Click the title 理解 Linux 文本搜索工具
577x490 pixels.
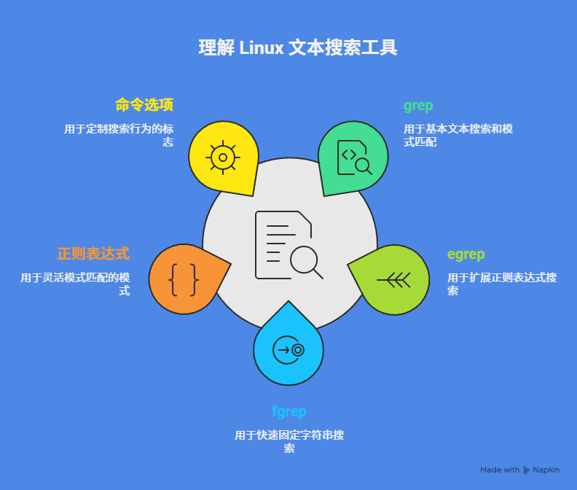(x=298, y=48)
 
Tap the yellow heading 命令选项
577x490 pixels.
(x=144, y=105)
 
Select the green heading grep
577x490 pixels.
(x=418, y=105)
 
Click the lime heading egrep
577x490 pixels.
(x=466, y=254)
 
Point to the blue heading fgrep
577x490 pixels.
(x=288, y=411)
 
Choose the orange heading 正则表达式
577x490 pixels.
(x=93, y=254)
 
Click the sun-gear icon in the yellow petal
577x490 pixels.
(x=223, y=157)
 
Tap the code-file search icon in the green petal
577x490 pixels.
(x=354, y=157)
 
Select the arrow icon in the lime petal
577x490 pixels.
(x=394, y=279)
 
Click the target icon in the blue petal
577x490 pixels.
(x=288, y=350)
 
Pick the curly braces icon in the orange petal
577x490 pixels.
(x=184, y=279)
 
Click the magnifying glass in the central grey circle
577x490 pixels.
(x=305, y=261)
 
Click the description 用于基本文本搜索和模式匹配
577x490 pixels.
(x=458, y=136)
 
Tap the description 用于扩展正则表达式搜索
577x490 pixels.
(x=502, y=284)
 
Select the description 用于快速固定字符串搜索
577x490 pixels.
(x=289, y=442)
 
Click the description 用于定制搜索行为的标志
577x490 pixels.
(x=119, y=136)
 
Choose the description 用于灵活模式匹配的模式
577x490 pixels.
(x=75, y=284)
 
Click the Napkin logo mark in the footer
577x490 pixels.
(x=526, y=470)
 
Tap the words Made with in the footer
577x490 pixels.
(x=500, y=470)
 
